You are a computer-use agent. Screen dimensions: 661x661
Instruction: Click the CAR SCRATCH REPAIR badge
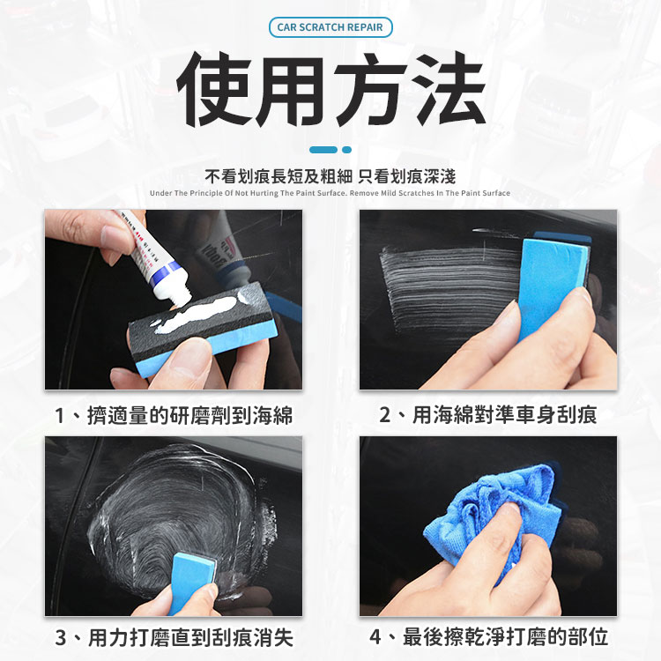tap(330, 27)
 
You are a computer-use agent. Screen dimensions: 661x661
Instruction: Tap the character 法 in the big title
tap(449, 89)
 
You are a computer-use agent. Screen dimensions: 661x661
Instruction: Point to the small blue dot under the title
tap(346, 150)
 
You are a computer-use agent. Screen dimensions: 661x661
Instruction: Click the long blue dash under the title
tap(323, 150)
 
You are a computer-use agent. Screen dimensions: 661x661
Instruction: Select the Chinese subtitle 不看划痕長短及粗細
tap(279, 176)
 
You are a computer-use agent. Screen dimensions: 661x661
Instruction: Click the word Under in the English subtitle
tap(160, 193)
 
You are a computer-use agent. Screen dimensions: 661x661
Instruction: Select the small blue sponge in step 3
tap(192, 583)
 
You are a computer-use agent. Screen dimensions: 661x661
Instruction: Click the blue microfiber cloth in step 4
tap(494, 519)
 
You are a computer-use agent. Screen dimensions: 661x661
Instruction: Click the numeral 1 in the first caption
tap(60, 416)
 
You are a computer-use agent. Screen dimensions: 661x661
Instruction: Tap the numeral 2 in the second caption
tap(385, 415)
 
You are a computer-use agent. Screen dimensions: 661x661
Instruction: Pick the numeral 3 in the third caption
tap(61, 638)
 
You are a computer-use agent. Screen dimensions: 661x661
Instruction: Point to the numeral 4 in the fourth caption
tap(375, 637)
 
